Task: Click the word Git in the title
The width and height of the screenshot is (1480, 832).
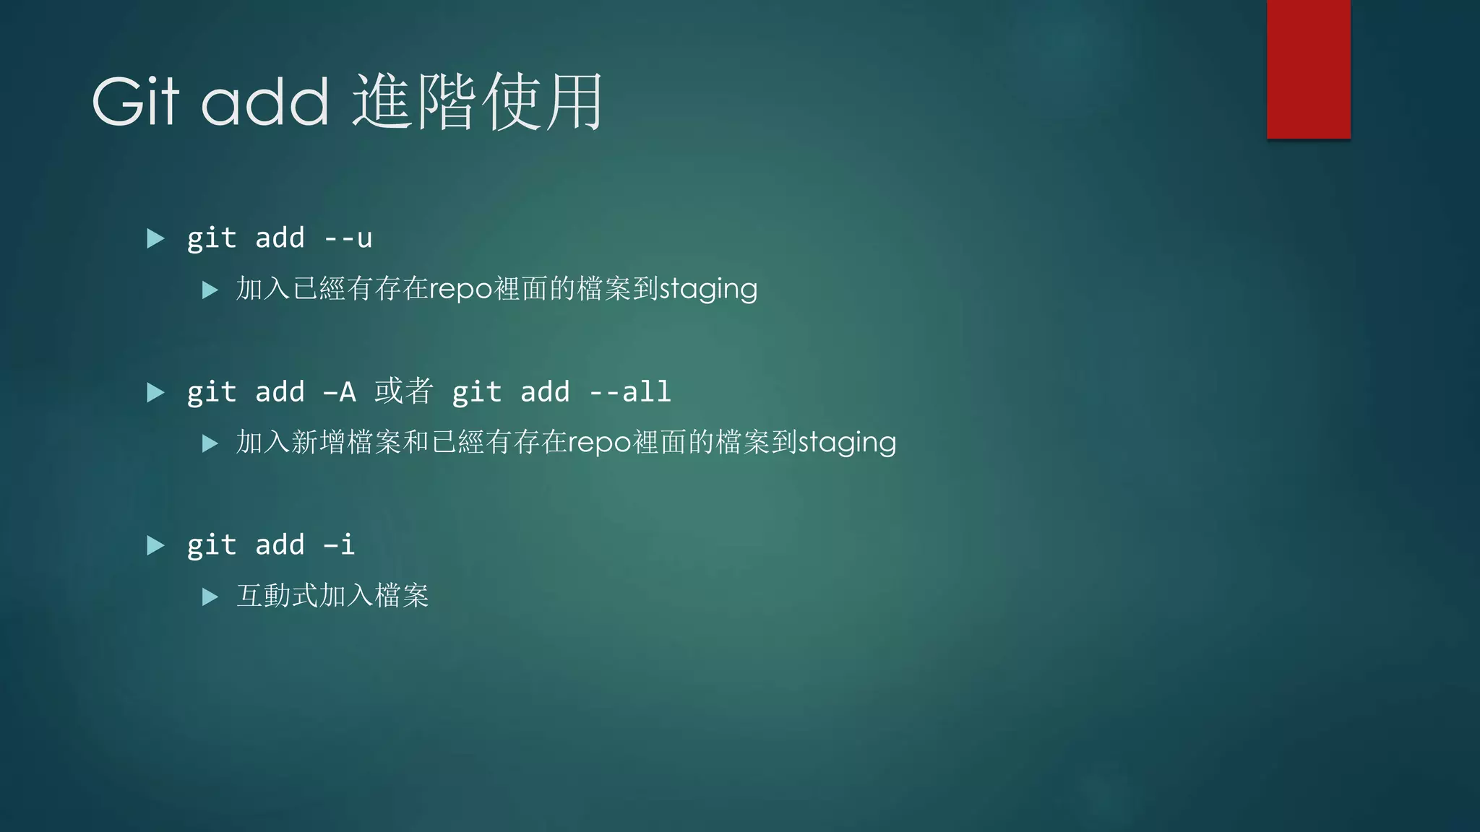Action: (x=135, y=102)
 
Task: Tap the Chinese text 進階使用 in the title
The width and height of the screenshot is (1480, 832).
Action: (x=477, y=102)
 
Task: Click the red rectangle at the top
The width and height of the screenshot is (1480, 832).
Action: (x=1308, y=69)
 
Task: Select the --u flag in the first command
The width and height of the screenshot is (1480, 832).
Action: (x=348, y=238)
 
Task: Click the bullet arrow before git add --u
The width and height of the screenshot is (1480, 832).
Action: (x=155, y=238)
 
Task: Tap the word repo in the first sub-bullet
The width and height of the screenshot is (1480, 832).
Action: (x=461, y=289)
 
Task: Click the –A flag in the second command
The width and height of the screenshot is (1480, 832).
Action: (x=340, y=392)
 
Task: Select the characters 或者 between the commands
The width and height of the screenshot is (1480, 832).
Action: (x=403, y=391)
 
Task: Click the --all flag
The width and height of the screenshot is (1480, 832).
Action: (x=630, y=392)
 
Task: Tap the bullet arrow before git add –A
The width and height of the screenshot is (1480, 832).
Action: (x=155, y=392)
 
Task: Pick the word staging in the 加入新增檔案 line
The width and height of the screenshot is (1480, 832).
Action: (x=847, y=442)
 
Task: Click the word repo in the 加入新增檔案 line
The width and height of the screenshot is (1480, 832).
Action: (x=600, y=442)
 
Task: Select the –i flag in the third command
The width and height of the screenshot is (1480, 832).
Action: (x=339, y=545)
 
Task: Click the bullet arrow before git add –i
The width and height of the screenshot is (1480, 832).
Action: (x=155, y=545)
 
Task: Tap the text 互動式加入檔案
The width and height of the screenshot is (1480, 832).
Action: (x=332, y=596)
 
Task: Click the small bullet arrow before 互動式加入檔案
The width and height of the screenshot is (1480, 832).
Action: (x=210, y=597)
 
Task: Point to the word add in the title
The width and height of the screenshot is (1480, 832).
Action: (x=264, y=102)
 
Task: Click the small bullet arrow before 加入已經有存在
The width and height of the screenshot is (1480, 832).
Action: (x=210, y=290)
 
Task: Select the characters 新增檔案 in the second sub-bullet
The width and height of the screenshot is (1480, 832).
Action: (x=346, y=442)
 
